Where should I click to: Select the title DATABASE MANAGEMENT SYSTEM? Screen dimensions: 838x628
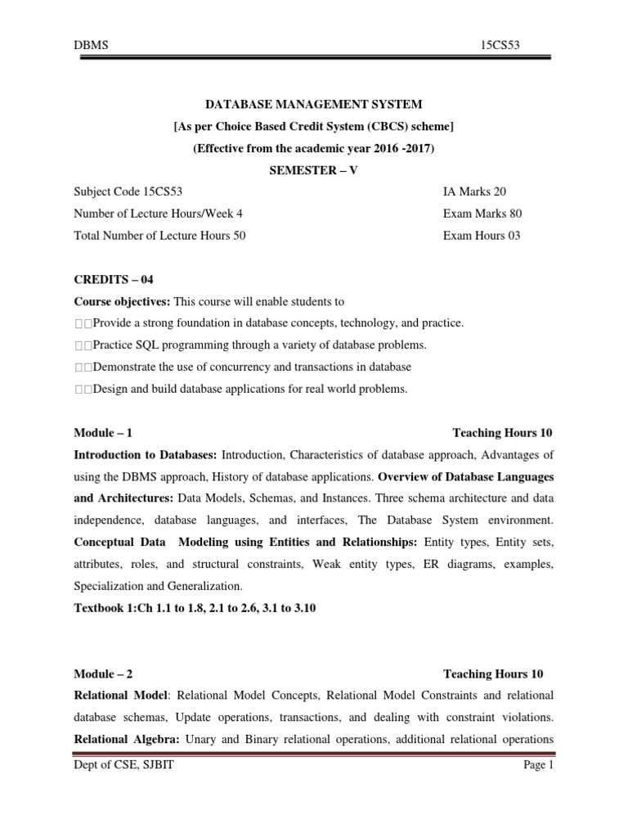[x=314, y=104]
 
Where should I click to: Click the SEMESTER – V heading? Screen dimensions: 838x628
[x=314, y=170]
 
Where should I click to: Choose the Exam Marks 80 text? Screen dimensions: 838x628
[x=482, y=214]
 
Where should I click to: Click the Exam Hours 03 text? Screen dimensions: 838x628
[x=481, y=236]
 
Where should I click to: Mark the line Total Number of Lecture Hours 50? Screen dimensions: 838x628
[x=159, y=236]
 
